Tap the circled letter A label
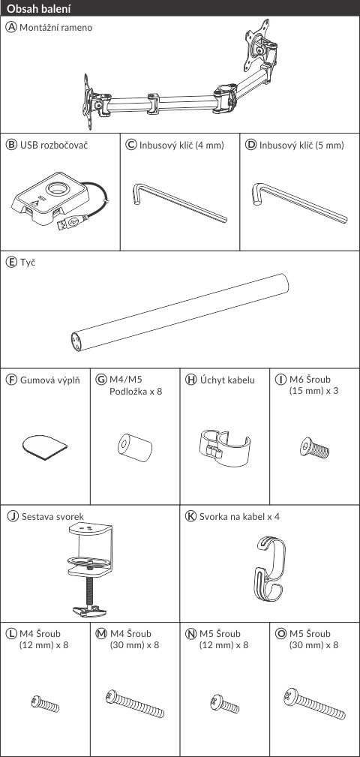(x=10, y=28)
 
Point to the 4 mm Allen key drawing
(x=179, y=202)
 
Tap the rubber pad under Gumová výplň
(x=45, y=447)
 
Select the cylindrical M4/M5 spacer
(x=135, y=446)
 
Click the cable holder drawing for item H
(x=224, y=446)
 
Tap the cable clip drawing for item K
(x=269, y=569)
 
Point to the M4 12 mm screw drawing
(x=45, y=704)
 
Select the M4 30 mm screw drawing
(x=135, y=704)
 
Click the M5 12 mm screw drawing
(x=225, y=704)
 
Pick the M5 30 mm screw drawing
(x=315, y=704)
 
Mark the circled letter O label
(x=280, y=633)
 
